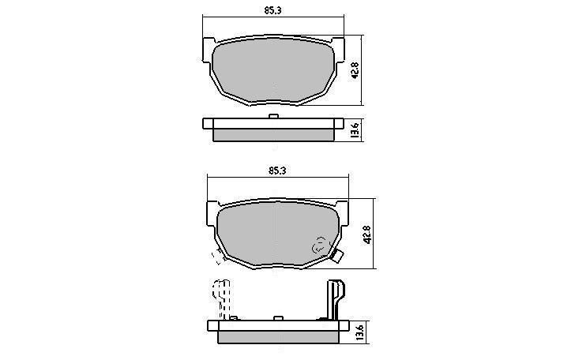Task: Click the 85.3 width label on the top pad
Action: [x=272, y=10]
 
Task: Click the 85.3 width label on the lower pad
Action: [x=277, y=171]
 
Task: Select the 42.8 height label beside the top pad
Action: [x=355, y=71]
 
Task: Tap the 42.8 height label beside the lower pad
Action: [x=367, y=234]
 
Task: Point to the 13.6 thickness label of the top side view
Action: [x=355, y=130]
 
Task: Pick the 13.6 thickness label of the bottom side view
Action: [x=359, y=332]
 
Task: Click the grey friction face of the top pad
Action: [x=273, y=69]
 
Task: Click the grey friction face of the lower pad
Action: [x=277, y=233]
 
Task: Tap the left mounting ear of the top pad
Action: [x=208, y=49]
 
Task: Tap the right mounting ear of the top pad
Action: [x=339, y=49]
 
